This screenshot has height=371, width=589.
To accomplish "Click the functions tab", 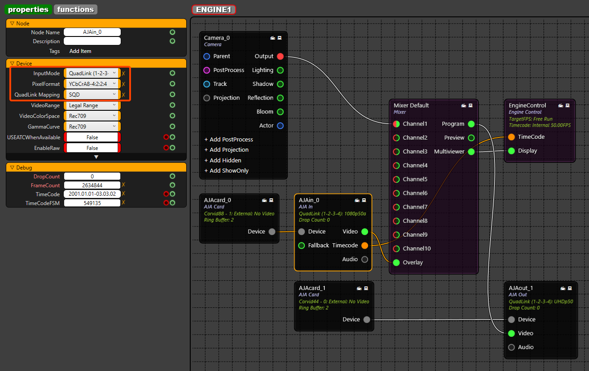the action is pyautogui.click(x=75, y=9).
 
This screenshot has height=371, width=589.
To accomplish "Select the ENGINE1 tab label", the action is pyautogui.click(x=213, y=10).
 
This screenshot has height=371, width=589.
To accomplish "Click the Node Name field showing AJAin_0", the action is pyautogui.click(x=92, y=32).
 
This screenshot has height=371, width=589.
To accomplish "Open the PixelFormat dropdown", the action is pyautogui.click(x=92, y=84).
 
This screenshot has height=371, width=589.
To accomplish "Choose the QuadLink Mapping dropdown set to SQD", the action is pyautogui.click(x=92, y=94).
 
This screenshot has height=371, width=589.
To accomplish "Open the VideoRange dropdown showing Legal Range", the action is pyautogui.click(x=92, y=105).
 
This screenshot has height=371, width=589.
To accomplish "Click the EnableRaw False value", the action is pyautogui.click(x=92, y=148).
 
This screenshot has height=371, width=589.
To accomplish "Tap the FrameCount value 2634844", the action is pyautogui.click(x=92, y=185).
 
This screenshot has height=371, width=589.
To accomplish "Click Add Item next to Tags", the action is pyautogui.click(x=80, y=51).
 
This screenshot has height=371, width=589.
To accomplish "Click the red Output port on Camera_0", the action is pyautogui.click(x=280, y=56).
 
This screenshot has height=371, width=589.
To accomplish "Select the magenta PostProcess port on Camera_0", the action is pyautogui.click(x=207, y=70).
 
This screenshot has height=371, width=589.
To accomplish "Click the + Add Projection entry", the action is pyautogui.click(x=226, y=149).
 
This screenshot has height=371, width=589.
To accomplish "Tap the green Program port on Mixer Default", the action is pyautogui.click(x=471, y=124).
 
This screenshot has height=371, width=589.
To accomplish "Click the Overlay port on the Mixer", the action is pyautogui.click(x=396, y=262).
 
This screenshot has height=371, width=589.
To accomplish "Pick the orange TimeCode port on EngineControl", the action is pyautogui.click(x=511, y=137).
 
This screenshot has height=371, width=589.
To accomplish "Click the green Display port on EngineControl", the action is pyautogui.click(x=511, y=151).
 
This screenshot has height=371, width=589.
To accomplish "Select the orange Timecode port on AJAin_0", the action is pyautogui.click(x=365, y=246).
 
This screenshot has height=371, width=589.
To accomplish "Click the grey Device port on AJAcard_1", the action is pyautogui.click(x=367, y=319).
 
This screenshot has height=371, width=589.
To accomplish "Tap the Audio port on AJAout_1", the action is pyautogui.click(x=511, y=347).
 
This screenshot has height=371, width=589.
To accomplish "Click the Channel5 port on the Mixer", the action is pyautogui.click(x=396, y=179).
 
